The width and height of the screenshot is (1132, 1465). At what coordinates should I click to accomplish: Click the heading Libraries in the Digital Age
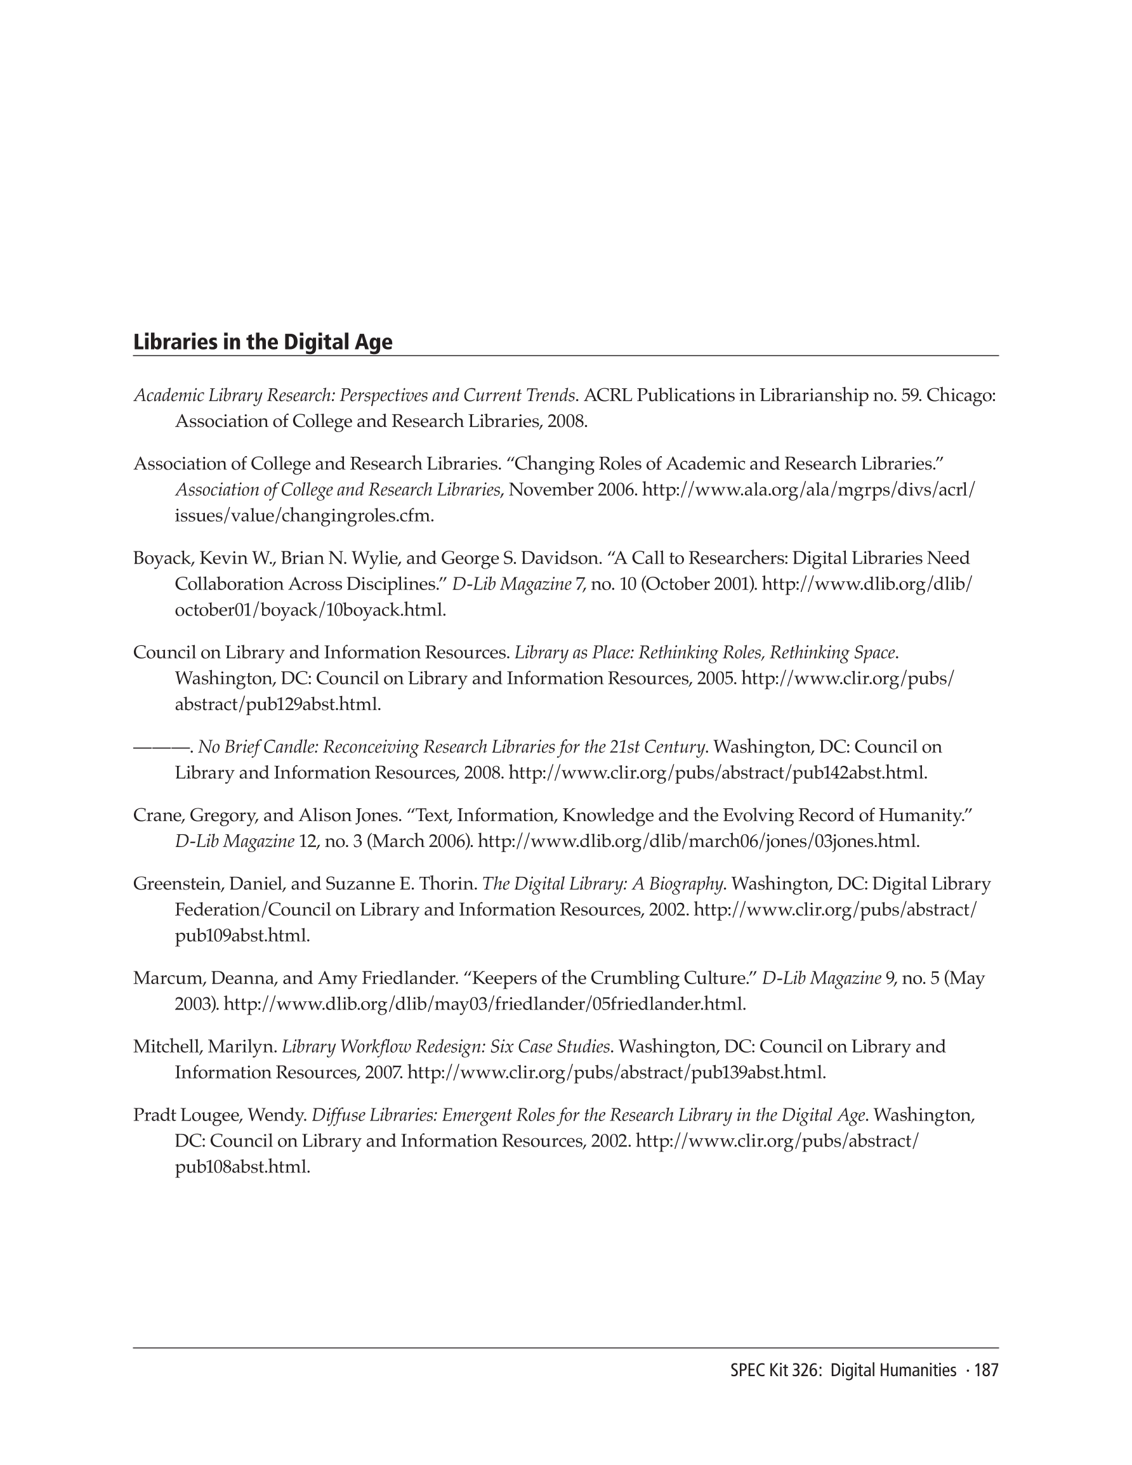[x=262, y=342]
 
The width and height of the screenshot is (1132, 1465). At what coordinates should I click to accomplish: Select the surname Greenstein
[x=176, y=884]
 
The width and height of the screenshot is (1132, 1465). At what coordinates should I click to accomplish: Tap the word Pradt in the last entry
[x=152, y=1115]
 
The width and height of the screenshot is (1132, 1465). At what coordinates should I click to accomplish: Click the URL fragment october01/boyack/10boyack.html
[x=310, y=610]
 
